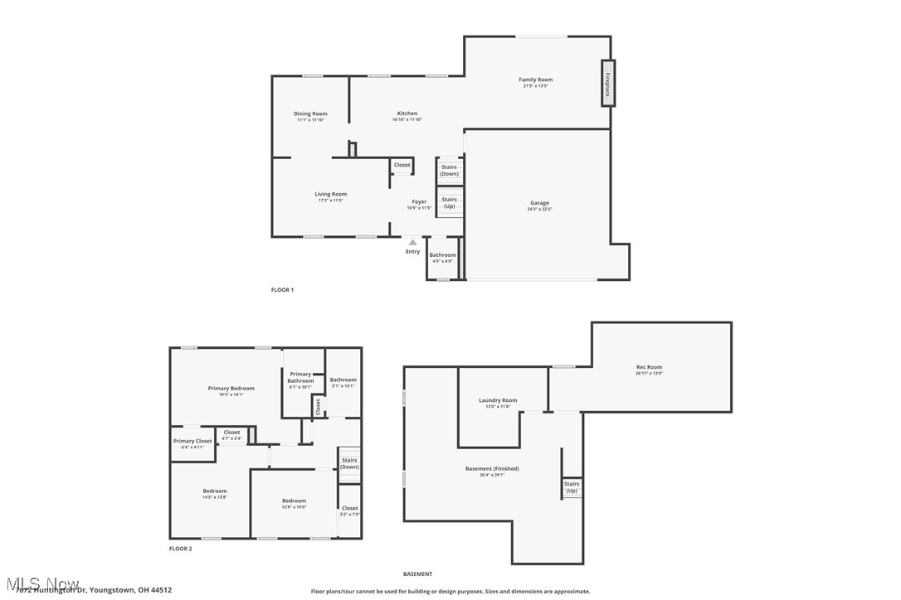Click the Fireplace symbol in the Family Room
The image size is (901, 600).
coord(608,83)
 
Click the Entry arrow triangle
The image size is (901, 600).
coord(412,243)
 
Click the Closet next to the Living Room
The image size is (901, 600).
coord(402,166)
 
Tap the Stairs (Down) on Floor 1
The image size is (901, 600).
coord(449,171)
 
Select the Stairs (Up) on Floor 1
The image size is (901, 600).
coord(449,202)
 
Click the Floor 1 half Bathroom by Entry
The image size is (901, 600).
coord(442,258)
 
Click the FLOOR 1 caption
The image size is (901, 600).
coord(282,290)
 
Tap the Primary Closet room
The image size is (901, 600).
coord(192,443)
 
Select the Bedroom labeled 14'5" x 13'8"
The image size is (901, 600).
coord(214,494)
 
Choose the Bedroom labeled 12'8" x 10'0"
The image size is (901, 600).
coord(294,503)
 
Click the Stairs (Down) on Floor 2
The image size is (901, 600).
coord(349,463)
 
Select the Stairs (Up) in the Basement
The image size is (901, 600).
coord(572,487)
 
